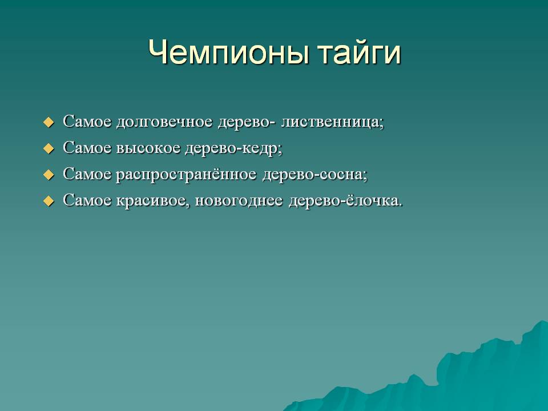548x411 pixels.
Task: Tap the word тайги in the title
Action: [360, 54]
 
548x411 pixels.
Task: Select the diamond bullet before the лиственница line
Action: [49, 122]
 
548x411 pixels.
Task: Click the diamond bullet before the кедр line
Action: [49, 148]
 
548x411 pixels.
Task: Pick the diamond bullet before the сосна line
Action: [49, 175]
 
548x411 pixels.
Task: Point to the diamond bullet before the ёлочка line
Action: [49, 201]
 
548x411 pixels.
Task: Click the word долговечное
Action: [164, 122]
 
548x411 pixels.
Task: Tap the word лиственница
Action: [333, 122]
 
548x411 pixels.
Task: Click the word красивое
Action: [153, 201]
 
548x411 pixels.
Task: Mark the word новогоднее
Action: [239, 201]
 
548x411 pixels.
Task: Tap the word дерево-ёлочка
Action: [346, 200]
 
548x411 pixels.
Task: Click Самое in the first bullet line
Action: [87, 121]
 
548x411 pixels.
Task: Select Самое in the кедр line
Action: [87, 147]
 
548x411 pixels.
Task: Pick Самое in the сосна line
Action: [87, 174]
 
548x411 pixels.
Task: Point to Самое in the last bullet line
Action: [87, 200]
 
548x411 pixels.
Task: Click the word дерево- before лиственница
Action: [247, 122]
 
